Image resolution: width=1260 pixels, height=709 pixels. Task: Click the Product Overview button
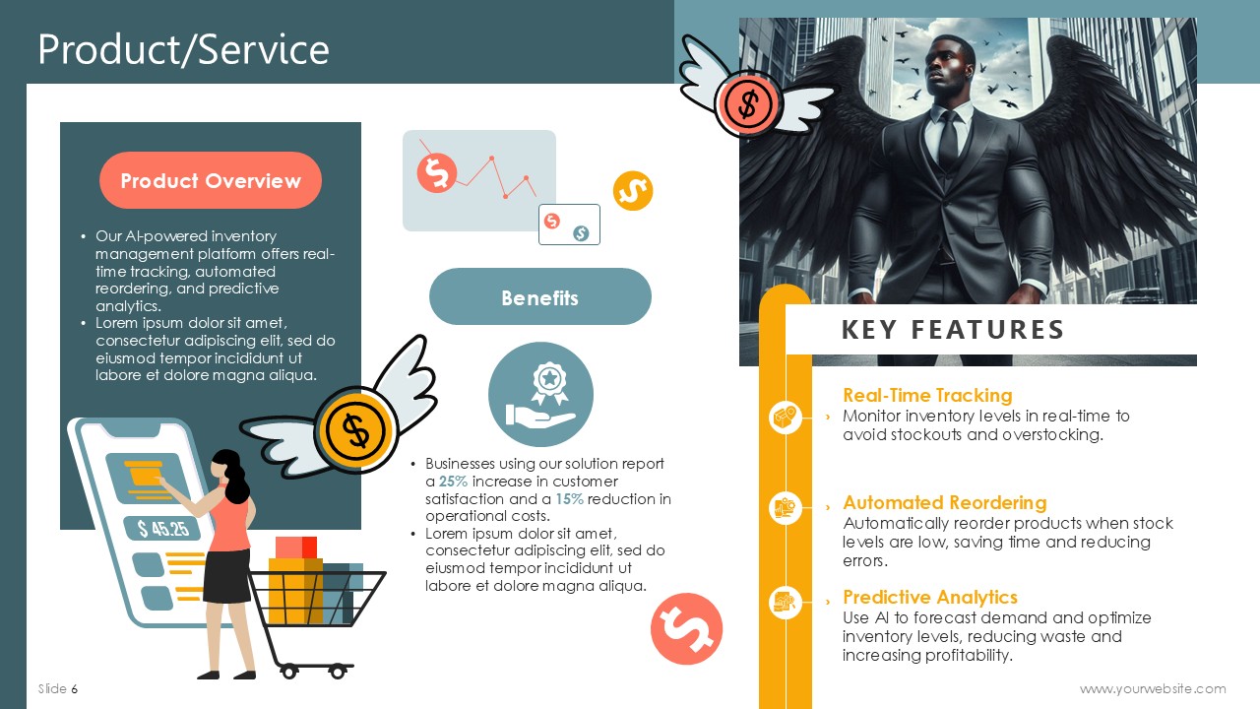(211, 180)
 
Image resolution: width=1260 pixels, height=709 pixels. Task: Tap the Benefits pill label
(540, 297)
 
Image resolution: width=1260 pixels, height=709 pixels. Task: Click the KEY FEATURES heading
(952, 330)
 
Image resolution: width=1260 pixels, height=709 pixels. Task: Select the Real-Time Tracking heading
(927, 395)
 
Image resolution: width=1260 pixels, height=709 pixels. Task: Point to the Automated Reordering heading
(945, 502)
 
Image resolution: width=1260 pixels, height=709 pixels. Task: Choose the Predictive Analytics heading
(930, 597)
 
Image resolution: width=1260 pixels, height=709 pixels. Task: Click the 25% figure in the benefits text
(453, 482)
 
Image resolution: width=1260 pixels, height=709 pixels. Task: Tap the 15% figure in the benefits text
(569, 499)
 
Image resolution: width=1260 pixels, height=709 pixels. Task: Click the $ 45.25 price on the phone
(163, 529)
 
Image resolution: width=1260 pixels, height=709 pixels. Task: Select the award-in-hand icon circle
(540, 395)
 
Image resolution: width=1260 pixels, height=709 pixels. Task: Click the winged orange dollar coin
(356, 430)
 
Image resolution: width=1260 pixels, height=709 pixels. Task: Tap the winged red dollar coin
(748, 104)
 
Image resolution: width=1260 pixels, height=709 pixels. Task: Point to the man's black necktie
(948, 140)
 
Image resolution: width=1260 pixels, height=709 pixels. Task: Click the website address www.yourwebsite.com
(1153, 688)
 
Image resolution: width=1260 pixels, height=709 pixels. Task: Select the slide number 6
(74, 688)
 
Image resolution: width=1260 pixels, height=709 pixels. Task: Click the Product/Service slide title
(183, 49)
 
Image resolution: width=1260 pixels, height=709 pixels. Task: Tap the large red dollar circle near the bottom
(686, 628)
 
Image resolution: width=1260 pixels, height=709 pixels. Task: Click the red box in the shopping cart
(296, 548)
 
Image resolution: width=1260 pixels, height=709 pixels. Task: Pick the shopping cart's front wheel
(338, 672)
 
